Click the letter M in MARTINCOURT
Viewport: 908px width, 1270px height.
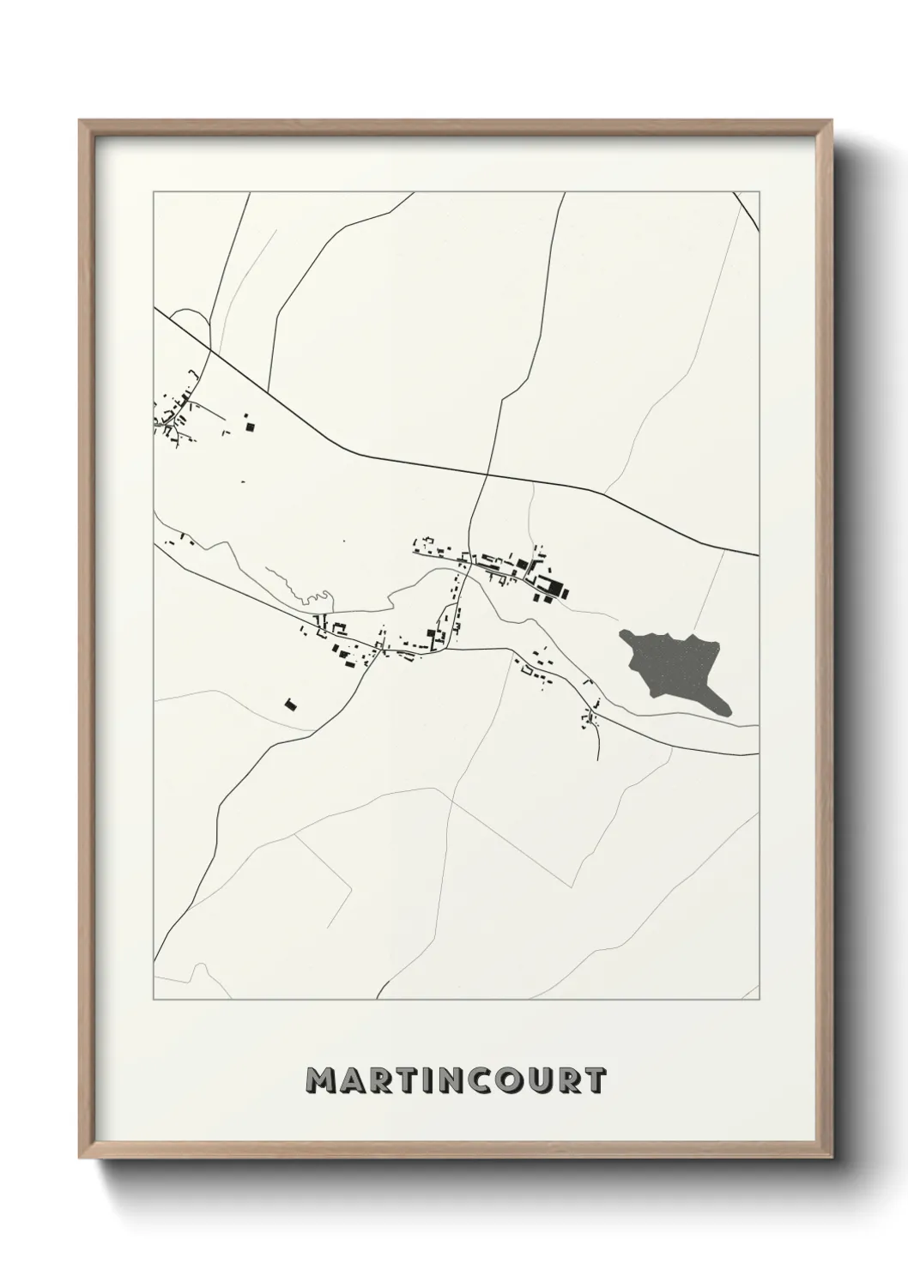[x=324, y=1080]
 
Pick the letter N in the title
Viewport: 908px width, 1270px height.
[x=437, y=1080]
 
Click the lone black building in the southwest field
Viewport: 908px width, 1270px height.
[x=290, y=704]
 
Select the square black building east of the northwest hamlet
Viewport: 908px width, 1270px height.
[x=251, y=424]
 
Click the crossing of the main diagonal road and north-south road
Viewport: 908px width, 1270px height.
[x=487, y=474]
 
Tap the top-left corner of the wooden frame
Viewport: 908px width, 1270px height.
[x=81, y=121]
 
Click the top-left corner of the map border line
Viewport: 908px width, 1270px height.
[x=154, y=192]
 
